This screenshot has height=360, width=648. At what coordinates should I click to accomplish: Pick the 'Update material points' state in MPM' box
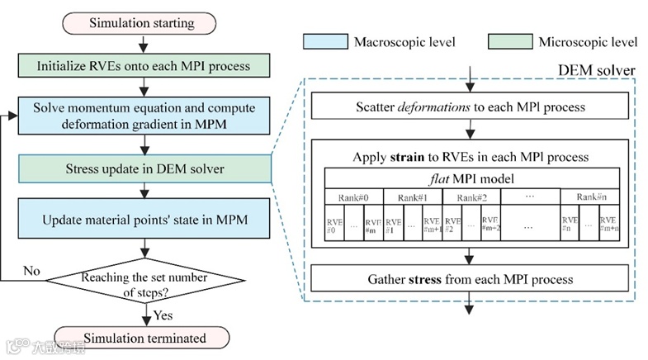click(145, 220)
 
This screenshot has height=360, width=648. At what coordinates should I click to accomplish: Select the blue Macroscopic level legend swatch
click(325, 40)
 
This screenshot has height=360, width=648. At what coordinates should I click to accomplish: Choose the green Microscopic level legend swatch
click(508, 40)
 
